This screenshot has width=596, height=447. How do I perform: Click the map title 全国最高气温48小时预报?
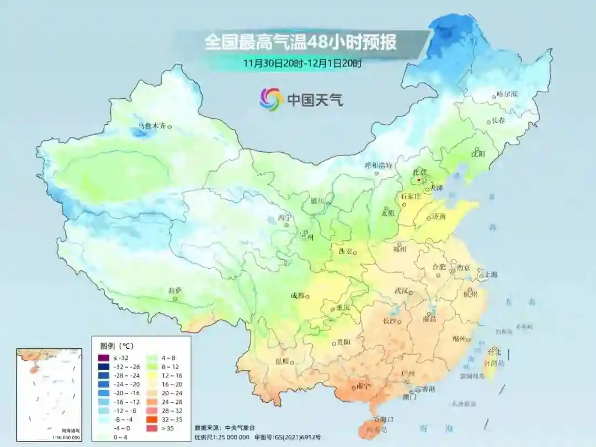[x=300, y=42]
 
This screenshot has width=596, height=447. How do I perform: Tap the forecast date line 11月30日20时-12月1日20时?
[x=302, y=63]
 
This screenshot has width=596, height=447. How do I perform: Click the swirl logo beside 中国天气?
[x=271, y=99]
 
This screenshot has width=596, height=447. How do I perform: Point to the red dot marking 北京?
[x=419, y=180]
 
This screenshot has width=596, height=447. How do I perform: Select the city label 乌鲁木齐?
[x=151, y=126]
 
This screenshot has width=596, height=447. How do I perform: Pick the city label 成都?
[x=297, y=295]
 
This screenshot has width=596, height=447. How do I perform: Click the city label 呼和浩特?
[x=377, y=165]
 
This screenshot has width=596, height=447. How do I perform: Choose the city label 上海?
[x=491, y=275]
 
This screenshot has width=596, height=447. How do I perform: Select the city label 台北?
[x=494, y=352]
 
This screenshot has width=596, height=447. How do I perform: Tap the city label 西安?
[x=345, y=251]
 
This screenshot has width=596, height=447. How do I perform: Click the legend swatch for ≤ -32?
[x=103, y=358]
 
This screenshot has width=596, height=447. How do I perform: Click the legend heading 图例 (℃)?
[x=116, y=346]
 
